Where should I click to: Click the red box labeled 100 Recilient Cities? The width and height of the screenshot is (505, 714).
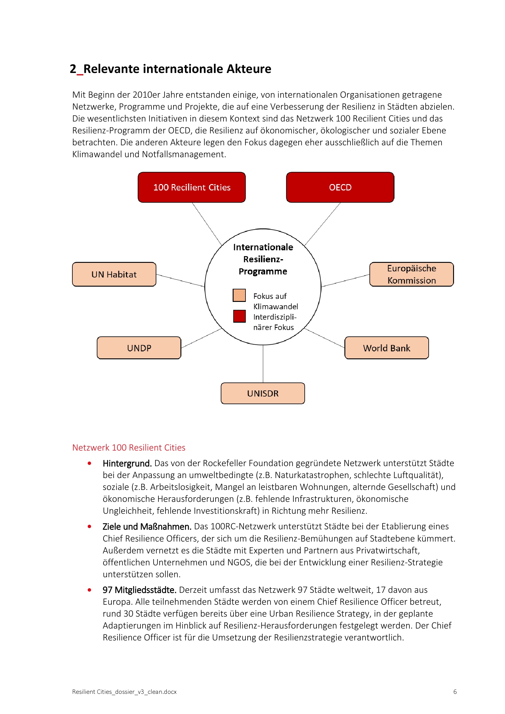pyautogui.click(x=191, y=187)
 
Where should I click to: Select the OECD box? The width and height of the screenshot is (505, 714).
pyautogui.click(x=340, y=187)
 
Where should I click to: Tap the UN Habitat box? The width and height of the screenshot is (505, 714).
pyautogui.click(x=114, y=274)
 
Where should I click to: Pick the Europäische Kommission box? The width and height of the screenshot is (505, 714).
pyautogui.click(x=411, y=274)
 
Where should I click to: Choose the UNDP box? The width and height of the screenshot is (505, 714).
pyautogui.click(x=139, y=348)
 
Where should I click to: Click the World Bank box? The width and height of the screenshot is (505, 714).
pyautogui.click(x=387, y=348)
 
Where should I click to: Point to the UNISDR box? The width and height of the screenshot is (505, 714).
pyautogui.click(x=263, y=393)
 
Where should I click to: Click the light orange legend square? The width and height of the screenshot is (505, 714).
pyautogui.click(x=239, y=295)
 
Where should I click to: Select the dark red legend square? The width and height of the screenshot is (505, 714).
pyautogui.click(x=239, y=316)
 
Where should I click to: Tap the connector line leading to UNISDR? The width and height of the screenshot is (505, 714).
pyautogui.click(x=263, y=364)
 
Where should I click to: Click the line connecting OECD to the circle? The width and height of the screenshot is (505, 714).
pyautogui.click(x=322, y=224)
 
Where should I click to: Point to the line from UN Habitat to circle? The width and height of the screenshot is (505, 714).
pyautogui.click(x=180, y=281)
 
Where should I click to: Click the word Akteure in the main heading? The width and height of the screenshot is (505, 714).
pyautogui.click(x=249, y=69)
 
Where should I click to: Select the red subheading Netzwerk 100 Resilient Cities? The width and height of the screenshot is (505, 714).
pyautogui.click(x=129, y=448)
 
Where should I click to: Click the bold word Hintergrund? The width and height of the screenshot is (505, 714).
pyautogui.click(x=127, y=463)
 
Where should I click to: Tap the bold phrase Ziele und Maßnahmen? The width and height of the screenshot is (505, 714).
pyautogui.click(x=147, y=527)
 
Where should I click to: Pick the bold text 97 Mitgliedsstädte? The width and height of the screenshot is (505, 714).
pyautogui.click(x=140, y=590)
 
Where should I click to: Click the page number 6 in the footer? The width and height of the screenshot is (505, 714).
pyautogui.click(x=455, y=692)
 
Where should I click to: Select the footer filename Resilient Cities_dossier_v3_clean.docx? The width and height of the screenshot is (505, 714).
pyautogui.click(x=124, y=692)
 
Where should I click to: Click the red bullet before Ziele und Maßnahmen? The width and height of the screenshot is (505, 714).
pyautogui.click(x=89, y=527)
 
